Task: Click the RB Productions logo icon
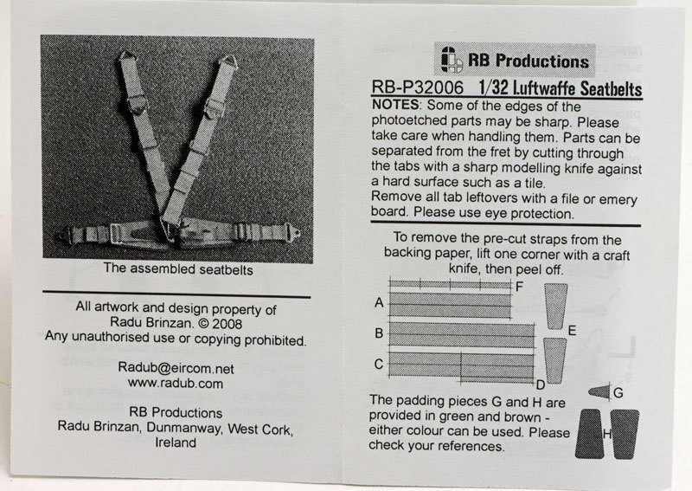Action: point(452,59)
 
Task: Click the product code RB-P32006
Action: point(418,87)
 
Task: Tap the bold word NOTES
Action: point(395,105)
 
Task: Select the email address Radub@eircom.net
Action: point(176,367)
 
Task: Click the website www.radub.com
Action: point(176,383)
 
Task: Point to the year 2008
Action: point(227,324)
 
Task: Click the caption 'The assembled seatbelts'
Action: point(178,268)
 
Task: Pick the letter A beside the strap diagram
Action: point(379,303)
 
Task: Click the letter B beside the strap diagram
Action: point(379,333)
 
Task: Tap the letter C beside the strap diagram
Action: point(379,364)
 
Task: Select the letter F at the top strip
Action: point(519,287)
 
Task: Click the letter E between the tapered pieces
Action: point(572,331)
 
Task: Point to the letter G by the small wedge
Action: point(618,392)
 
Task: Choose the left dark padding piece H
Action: point(590,434)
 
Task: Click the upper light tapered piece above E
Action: point(555,306)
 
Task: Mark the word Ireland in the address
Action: point(176,443)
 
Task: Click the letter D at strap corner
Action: point(541,385)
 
